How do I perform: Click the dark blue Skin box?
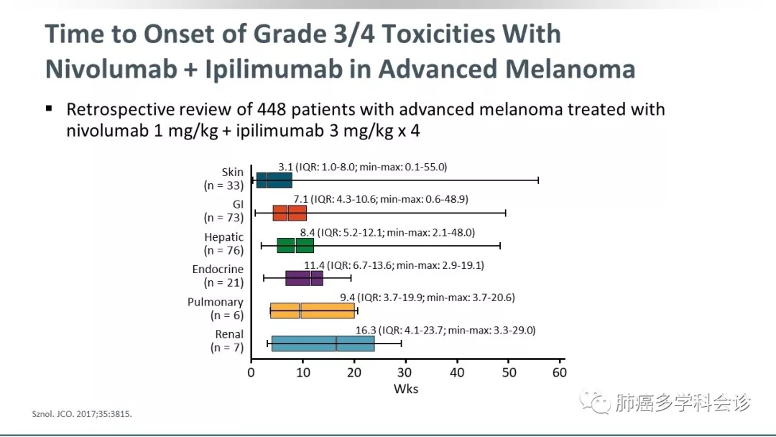(274, 180)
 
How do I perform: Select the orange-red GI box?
(290, 213)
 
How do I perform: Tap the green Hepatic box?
(295, 246)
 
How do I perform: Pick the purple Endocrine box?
(304, 278)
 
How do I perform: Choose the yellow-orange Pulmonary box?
(313, 310)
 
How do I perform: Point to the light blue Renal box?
(323, 344)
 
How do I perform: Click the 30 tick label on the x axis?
(405, 372)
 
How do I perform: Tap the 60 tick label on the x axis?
(559, 372)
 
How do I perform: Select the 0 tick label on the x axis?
(251, 372)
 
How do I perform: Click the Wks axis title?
(405, 389)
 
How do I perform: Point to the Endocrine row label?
(218, 270)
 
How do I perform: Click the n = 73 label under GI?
(223, 218)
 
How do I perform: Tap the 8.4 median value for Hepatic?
(308, 232)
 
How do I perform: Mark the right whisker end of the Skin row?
(538, 180)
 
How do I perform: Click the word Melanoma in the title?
(570, 69)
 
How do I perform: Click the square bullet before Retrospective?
(50, 109)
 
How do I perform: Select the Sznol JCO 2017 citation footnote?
(83, 415)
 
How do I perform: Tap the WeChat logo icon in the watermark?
(596, 402)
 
